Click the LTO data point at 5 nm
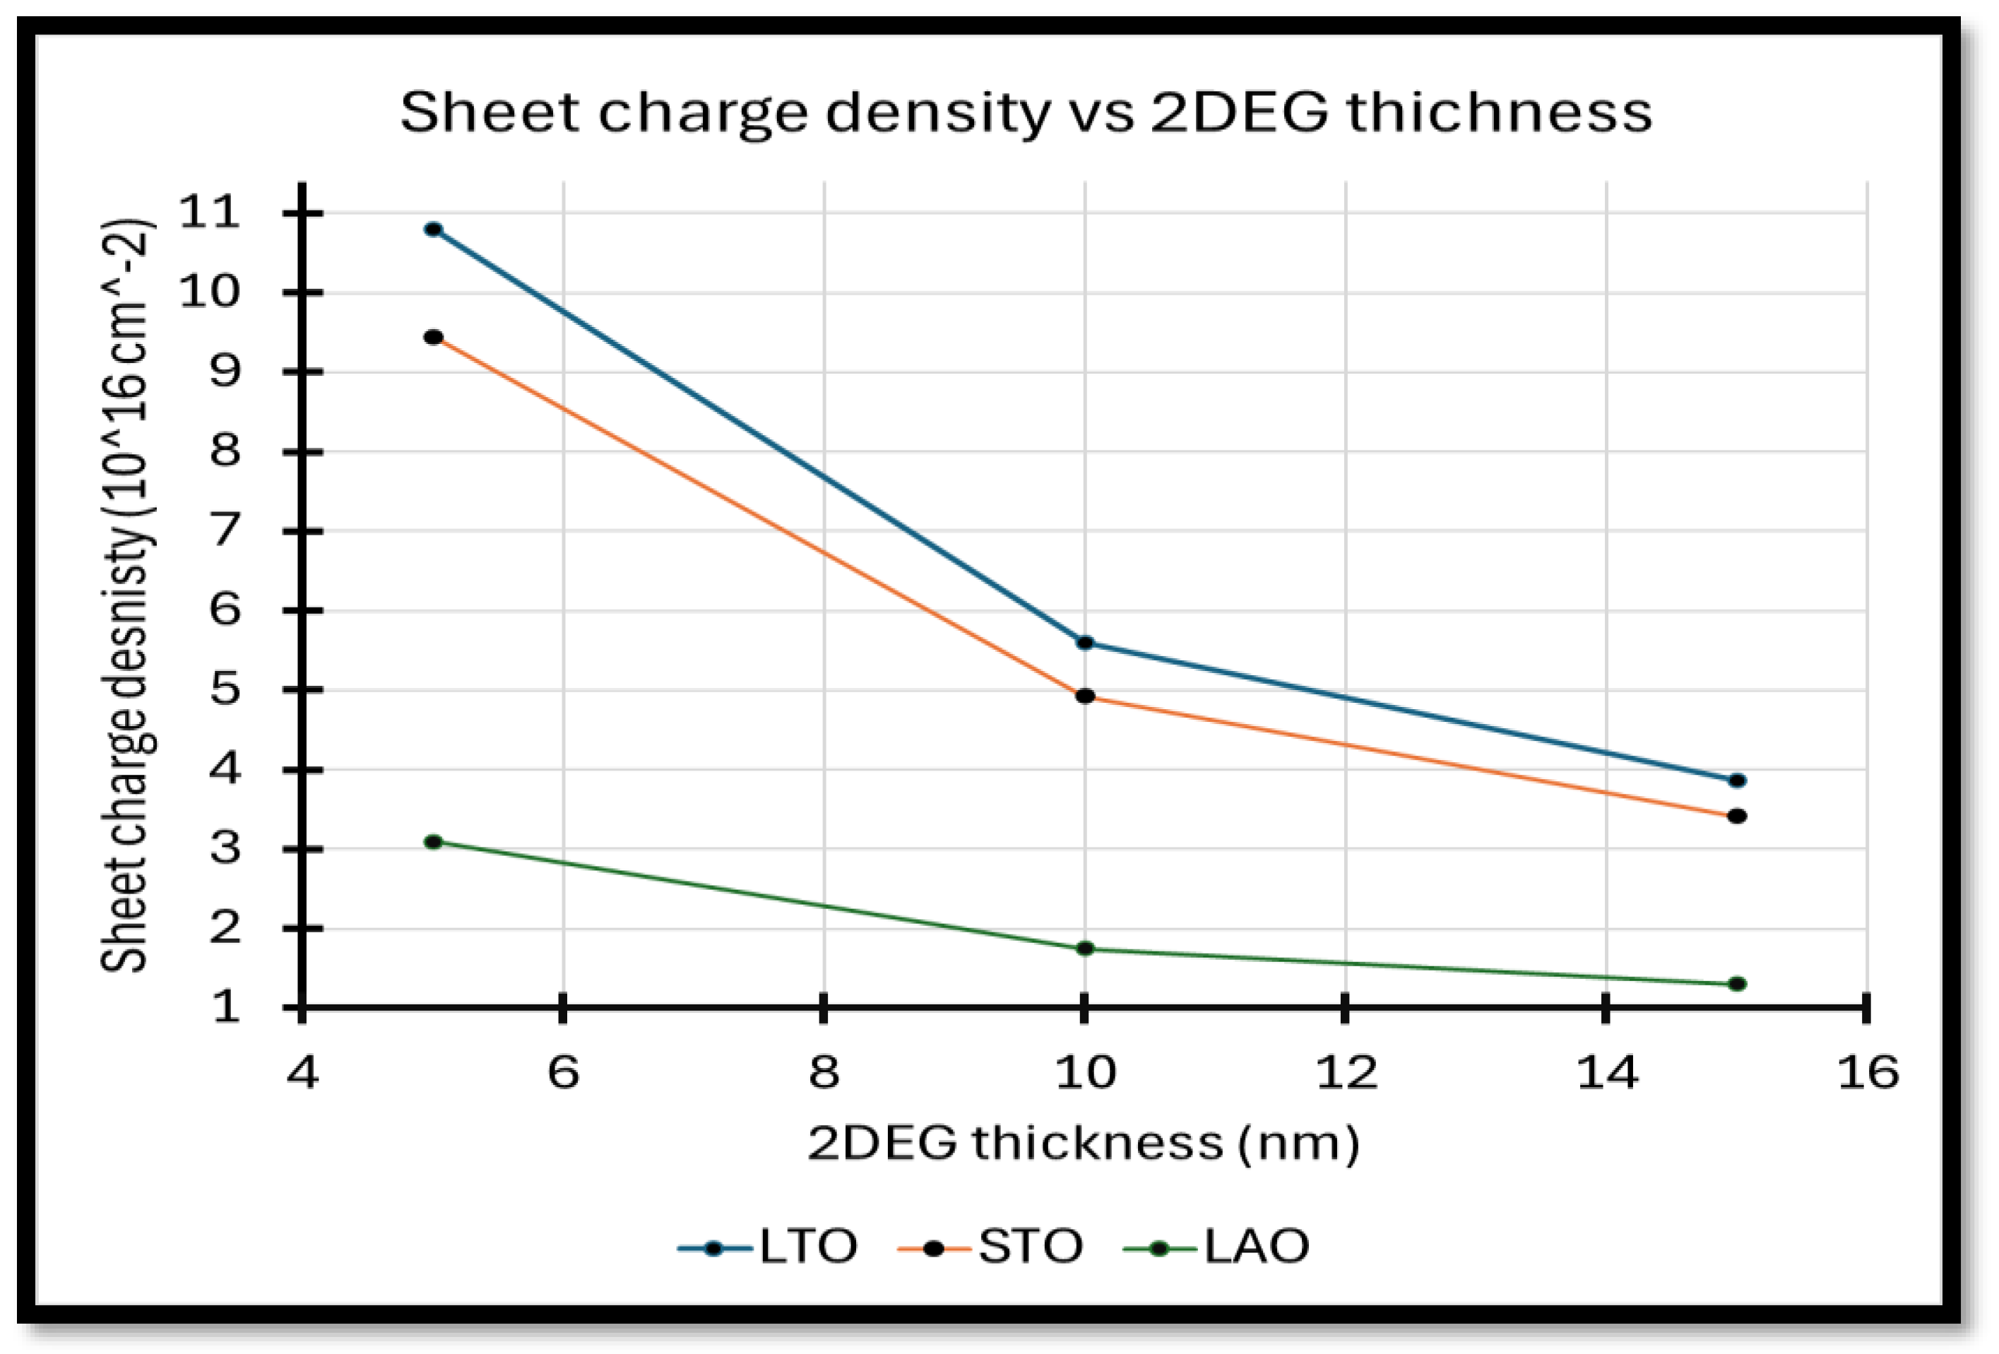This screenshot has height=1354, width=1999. [434, 230]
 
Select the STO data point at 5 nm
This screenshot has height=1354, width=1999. [434, 337]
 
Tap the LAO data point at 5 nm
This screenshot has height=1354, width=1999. [434, 841]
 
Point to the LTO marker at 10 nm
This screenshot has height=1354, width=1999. [1085, 643]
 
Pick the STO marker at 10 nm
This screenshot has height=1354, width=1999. [1085, 696]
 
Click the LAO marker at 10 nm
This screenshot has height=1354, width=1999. [1085, 949]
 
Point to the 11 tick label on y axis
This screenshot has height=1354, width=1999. [209, 212]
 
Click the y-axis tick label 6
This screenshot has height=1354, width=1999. [225, 610]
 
